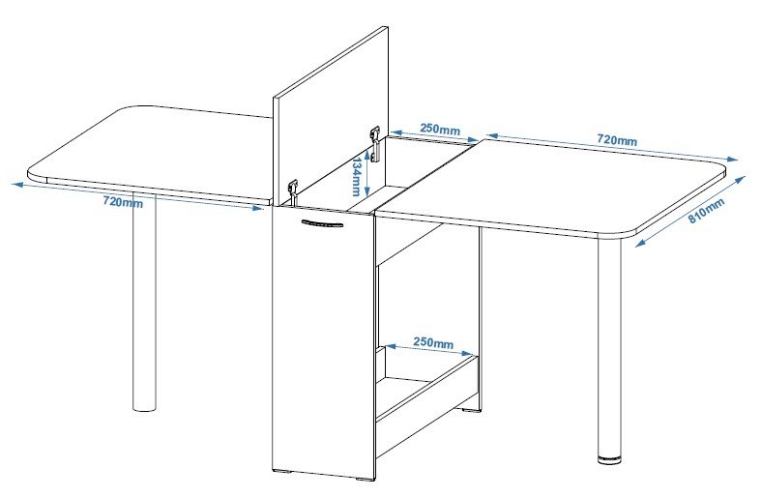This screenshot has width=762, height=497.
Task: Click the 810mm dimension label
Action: (707, 211)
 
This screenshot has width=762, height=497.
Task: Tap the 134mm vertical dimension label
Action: (356, 176)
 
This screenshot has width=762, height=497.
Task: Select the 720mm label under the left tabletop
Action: (124, 202)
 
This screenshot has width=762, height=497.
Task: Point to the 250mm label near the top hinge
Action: (440, 129)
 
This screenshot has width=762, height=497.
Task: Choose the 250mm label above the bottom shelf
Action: (433, 342)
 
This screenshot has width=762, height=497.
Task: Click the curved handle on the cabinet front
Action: (322, 223)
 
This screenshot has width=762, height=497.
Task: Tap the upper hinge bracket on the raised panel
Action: (374, 144)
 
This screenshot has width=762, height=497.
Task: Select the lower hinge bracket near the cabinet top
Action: (293, 192)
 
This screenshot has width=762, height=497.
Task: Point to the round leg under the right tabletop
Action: (609, 348)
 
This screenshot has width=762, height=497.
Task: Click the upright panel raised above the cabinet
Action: (331, 117)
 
